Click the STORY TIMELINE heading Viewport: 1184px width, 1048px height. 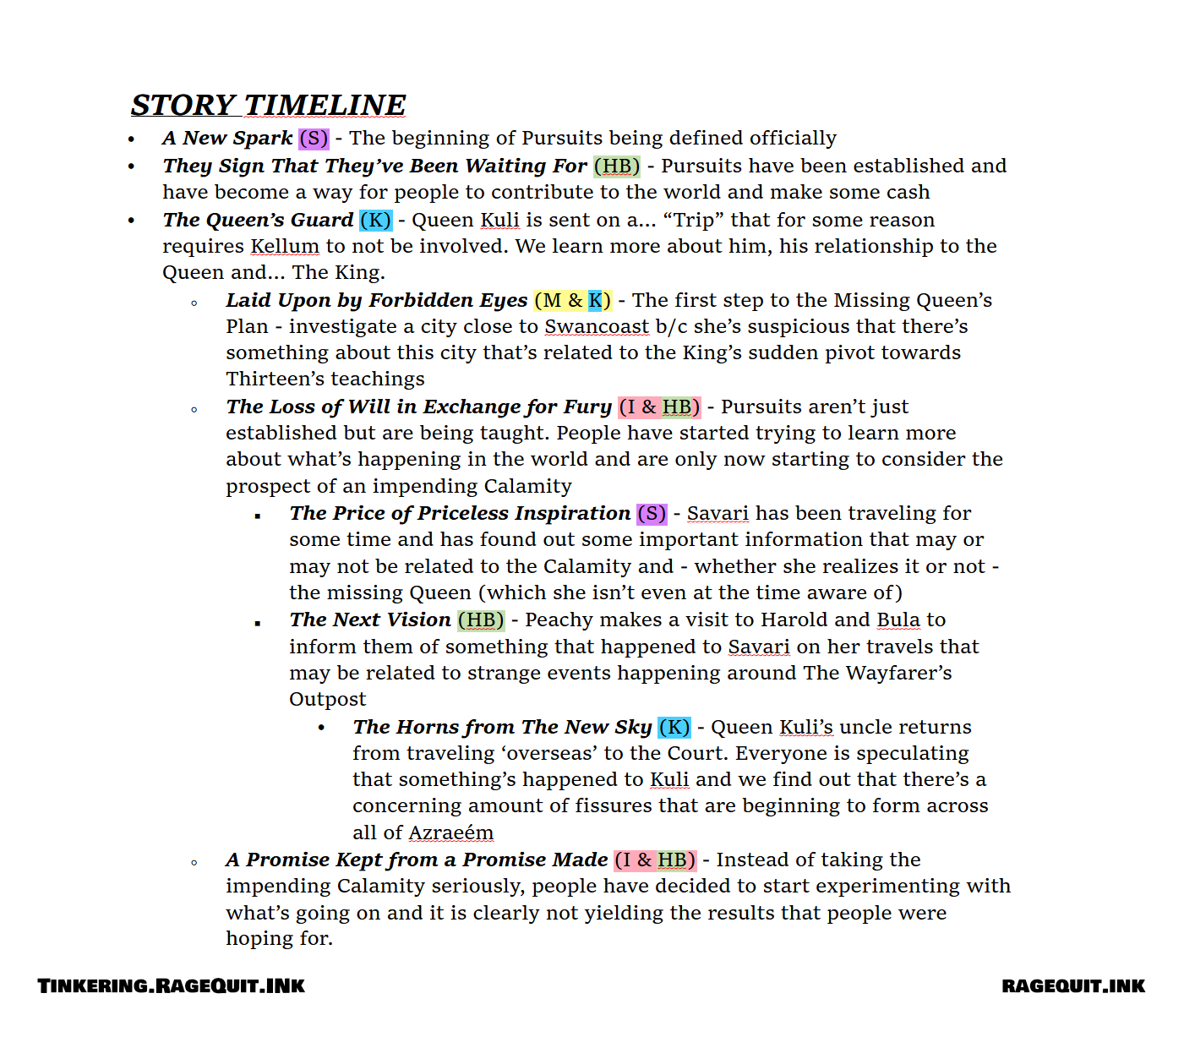click(268, 105)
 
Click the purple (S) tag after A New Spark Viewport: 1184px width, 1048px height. click(314, 138)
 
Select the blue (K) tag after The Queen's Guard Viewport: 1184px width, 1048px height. click(375, 220)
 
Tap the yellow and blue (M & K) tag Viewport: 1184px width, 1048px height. click(573, 300)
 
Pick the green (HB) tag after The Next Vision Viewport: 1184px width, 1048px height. click(481, 620)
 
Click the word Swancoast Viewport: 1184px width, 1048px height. click(597, 326)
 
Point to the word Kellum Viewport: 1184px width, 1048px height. click(285, 246)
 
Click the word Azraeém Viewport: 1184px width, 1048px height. click(450, 832)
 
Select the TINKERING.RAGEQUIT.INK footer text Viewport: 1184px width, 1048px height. click(172, 985)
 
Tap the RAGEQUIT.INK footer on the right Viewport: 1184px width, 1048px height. click(1073, 985)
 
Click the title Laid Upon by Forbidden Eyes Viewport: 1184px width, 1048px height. click(376, 300)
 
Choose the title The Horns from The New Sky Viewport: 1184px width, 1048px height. click(502, 727)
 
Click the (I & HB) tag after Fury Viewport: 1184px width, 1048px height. click(659, 407)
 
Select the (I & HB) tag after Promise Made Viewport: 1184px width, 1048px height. click(655, 860)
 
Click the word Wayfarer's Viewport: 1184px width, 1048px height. click(898, 673)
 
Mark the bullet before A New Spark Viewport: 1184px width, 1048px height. click(131, 139)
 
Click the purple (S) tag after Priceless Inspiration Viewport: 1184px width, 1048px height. click(652, 513)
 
